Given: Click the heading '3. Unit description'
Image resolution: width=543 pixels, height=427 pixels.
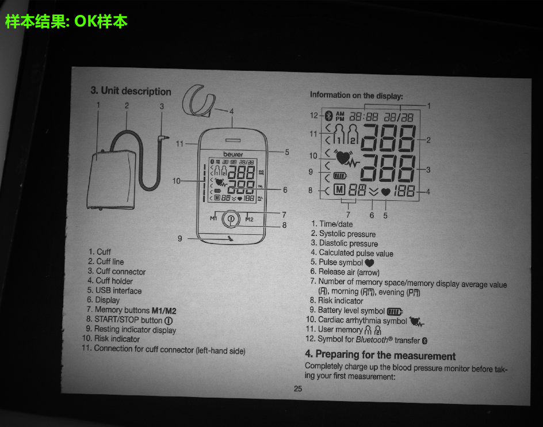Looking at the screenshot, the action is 131,91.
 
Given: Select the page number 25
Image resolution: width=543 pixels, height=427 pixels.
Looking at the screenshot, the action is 298,388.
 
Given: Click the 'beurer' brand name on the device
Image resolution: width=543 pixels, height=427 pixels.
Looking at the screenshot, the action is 233,154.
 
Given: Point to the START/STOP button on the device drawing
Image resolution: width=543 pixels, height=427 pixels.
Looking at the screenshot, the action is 231,219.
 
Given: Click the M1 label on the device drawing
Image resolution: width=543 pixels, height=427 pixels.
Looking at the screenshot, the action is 213,218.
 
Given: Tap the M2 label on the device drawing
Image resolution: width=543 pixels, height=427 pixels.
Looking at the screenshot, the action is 249,219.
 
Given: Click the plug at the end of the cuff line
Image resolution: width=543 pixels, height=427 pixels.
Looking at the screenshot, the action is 163,138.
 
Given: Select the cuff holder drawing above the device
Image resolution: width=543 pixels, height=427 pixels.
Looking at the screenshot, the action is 197,101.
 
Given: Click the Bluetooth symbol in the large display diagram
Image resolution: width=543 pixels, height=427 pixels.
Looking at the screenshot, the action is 330,115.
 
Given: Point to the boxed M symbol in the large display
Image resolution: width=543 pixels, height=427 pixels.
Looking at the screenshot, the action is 339,189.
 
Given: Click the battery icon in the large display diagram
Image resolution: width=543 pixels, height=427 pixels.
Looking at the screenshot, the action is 340,176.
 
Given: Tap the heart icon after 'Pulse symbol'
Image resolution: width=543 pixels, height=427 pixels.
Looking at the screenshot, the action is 369,263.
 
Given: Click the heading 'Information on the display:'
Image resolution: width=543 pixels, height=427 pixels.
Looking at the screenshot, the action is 357,96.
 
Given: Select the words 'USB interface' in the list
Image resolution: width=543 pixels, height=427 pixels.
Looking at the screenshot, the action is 118,291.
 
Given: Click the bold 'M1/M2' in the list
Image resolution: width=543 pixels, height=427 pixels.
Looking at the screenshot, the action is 164,311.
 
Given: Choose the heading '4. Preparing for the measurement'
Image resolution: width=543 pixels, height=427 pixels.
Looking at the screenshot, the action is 380,355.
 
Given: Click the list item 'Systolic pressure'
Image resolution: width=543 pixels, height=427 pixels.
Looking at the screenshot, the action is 347,234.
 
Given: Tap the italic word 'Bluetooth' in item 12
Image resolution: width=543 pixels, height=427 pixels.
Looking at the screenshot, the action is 372,340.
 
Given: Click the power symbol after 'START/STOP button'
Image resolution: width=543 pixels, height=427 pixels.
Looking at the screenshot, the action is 169,321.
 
